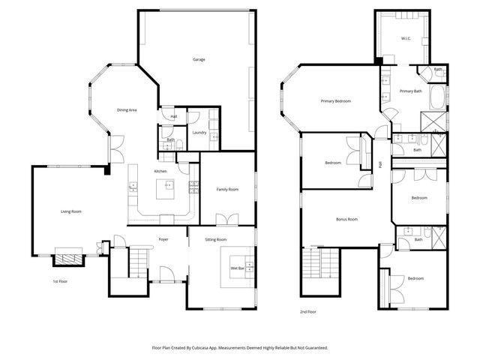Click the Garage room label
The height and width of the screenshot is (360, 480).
coord(199,59)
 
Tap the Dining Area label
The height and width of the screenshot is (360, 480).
coord(127,110)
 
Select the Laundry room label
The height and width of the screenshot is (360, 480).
coord(199,133)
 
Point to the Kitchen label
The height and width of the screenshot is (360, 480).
coord(160,172)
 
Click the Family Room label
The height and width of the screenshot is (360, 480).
coord(228,190)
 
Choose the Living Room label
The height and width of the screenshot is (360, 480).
coord(71,212)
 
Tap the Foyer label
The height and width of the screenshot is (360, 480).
coord(163,239)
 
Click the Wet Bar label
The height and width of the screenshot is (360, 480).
coord(238,268)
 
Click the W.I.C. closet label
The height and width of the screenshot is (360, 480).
coord(406,37)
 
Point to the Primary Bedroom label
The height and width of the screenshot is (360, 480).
coord(336,101)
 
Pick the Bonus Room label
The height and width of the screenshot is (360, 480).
coord(346,219)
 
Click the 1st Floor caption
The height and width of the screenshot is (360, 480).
coord(61,281)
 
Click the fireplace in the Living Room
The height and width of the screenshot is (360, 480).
coord(68,259)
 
